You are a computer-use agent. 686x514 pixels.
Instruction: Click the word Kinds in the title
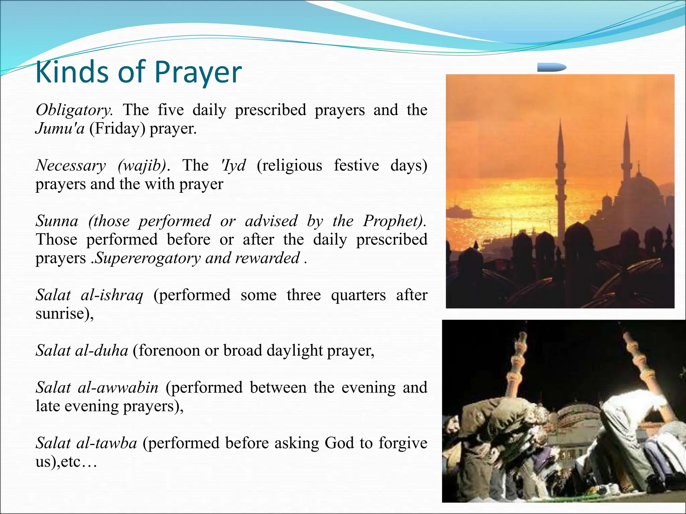click(72, 72)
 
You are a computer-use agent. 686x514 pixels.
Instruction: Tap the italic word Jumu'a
click(60, 128)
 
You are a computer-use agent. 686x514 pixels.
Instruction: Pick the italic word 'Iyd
click(233, 165)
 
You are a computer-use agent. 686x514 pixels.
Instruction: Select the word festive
click(356, 165)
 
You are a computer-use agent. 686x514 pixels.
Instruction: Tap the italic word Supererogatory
click(148, 258)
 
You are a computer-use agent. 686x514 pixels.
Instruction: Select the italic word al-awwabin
click(118, 388)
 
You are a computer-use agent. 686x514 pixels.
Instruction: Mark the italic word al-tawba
click(107, 443)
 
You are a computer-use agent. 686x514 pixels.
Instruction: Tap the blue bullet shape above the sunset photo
click(551, 67)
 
